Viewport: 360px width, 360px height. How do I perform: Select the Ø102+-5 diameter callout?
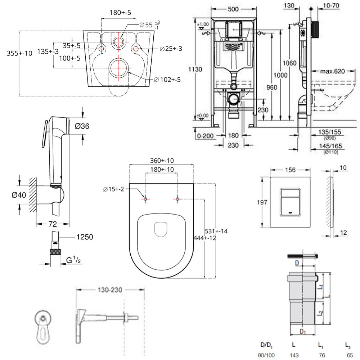click(x=167, y=80)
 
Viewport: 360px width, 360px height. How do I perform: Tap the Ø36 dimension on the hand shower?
click(x=82, y=126)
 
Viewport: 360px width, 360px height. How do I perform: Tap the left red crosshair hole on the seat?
click(x=145, y=199)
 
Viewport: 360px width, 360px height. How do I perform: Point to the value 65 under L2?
click(x=347, y=355)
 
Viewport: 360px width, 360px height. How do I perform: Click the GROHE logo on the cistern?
click(x=234, y=46)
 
